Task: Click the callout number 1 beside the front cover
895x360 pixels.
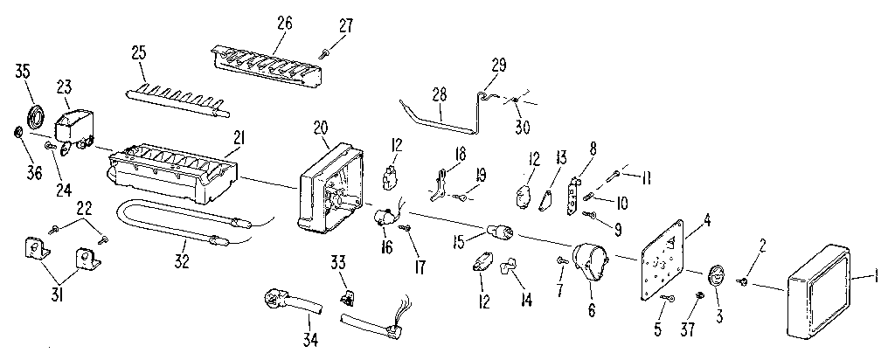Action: pos(878,277)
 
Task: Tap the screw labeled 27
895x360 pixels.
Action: pos(324,53)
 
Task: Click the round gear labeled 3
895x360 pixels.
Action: pos(716,275)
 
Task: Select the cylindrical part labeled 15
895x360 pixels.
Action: pos(500,232)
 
